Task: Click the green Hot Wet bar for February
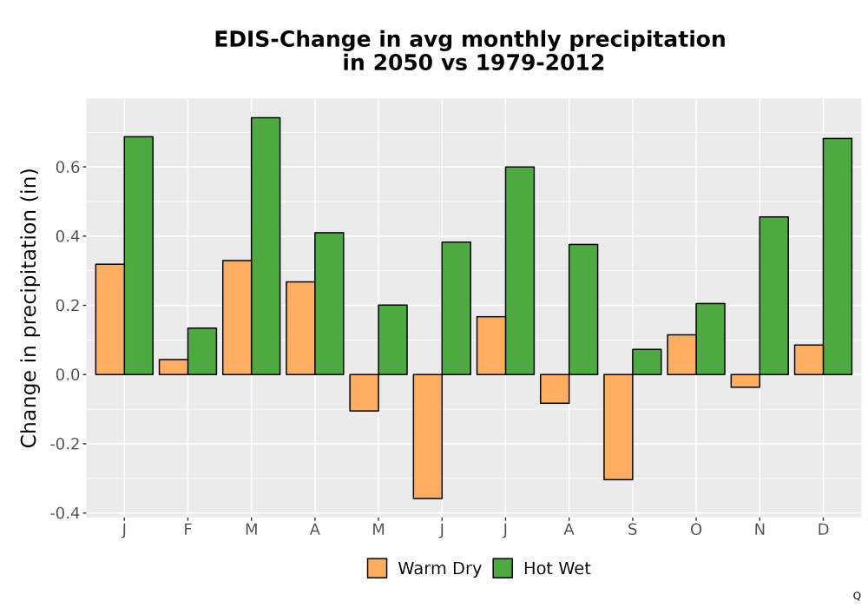click(x=202, y=351)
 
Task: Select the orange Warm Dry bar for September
click(x=618, y=427)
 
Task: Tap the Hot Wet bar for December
click(x=838, y=256)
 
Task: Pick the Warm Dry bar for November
click(x=745, y=381)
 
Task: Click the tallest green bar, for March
click(x=266, y=246)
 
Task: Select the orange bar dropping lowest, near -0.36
click(x=428, y=436)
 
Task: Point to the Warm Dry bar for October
click(x=682, y=354)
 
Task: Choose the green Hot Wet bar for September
click(x=648, y=361)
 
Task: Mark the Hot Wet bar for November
click(x=774, y=295)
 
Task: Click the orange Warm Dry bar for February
click(x=174, y=367)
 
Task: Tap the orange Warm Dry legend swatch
click(x=377, y=568)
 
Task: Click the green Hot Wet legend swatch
click(x=503, y=568)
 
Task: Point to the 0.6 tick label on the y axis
click(x=67, y=168)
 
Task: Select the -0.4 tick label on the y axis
click(x=65, y=513)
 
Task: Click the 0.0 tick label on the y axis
click(x=67, y=375)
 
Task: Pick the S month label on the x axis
click(x=632, y=530)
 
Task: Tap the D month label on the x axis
click(x=823, y=530)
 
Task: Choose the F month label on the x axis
click(x=187, y=530)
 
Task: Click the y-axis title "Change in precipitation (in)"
click(x=29, y=307)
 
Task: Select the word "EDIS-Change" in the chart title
click(x=293, y=40)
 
